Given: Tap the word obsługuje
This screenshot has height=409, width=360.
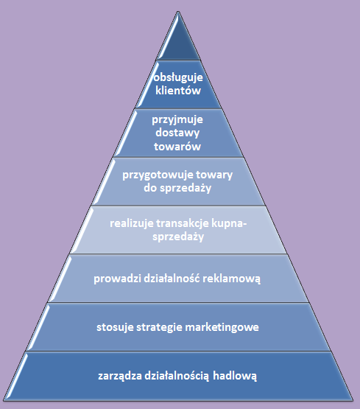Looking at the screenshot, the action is point(178,77).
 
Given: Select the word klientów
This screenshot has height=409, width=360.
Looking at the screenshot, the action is point(178,90).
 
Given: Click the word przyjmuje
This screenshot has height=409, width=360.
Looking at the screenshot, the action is point(177,120).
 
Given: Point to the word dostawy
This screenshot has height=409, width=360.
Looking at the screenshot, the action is point(177,133).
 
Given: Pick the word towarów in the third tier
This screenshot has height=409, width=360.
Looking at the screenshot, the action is point(177,146).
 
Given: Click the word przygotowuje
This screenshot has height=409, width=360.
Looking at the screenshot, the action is point(158,175).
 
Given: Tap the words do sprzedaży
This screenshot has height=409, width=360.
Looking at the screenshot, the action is point(177,188).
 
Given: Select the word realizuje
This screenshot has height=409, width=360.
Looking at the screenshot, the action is point(132,223).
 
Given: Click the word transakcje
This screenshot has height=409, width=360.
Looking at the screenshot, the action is point(183,223).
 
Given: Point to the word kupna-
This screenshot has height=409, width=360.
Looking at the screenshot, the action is point(229,223).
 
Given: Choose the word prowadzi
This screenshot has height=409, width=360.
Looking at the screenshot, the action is point(118,279).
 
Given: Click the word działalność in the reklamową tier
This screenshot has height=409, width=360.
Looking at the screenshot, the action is point(172,278).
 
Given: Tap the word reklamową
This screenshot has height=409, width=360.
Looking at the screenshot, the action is point(231,279).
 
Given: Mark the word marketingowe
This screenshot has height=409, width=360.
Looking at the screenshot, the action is point(222,327).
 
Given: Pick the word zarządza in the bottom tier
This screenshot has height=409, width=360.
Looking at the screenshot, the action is point(120,376).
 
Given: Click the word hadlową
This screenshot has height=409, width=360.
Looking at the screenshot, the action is point(235,376).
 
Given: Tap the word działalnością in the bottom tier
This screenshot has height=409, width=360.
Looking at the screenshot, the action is point(177,376).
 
